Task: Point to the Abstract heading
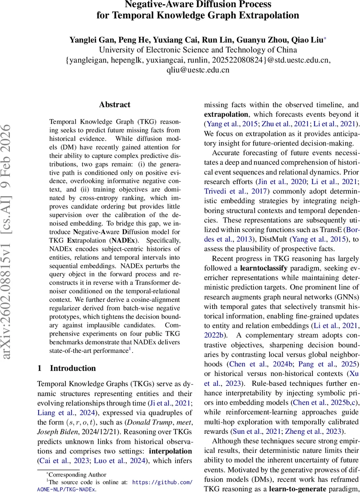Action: [115, 105]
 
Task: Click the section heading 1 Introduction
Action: [67, 368]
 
